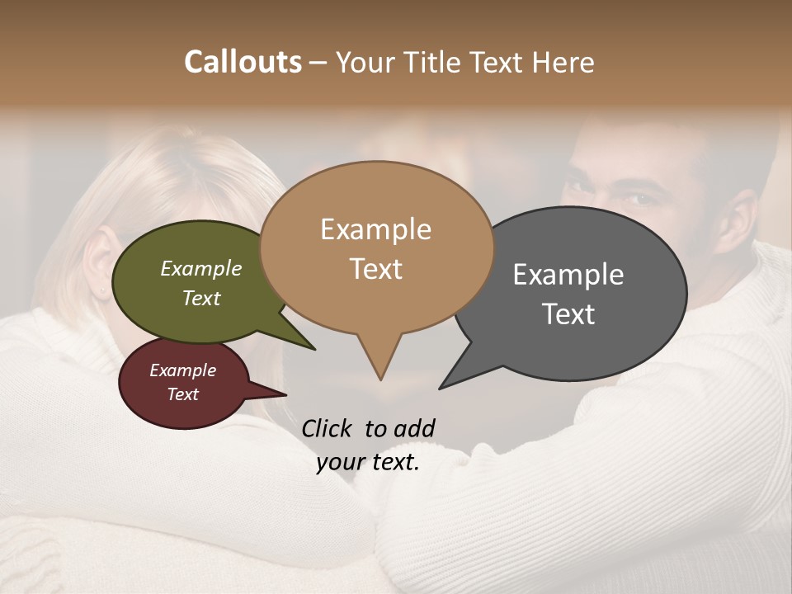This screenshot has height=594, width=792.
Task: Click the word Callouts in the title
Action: pos(243,62)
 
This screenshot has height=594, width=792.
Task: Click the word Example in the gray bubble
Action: pos(568,275)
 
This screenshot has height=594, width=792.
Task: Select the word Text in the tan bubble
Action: pos(376,269)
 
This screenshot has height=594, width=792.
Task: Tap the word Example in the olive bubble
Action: pos(200,268)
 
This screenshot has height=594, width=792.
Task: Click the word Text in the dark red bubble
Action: pos(182,394)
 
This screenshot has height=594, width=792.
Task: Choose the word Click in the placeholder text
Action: pos(328,428)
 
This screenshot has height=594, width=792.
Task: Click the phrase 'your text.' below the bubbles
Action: pos(368,463)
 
